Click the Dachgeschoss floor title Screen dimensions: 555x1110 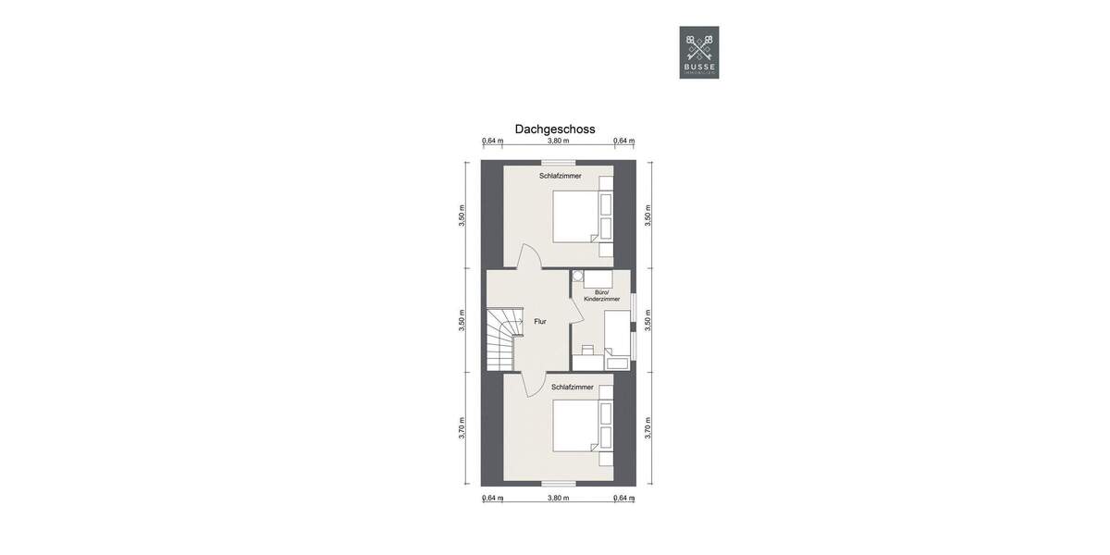point(555,129)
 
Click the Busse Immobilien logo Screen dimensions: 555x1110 point(698,52)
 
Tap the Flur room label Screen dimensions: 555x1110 point(539,322)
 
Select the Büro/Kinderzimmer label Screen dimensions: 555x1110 point(600,296)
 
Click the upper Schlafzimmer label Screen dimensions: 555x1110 point(560,175)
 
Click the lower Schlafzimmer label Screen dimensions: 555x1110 point(572,387)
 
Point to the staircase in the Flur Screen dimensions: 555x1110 point(502,338)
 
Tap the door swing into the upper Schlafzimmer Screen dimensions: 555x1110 point(529,257)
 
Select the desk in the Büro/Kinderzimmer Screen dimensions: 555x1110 point(589,364)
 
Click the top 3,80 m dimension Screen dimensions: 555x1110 point(557,142)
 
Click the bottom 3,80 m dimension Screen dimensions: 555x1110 point(557,498)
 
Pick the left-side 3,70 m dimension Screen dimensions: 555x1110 point(462,427)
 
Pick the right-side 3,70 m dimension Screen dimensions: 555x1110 point(647,427)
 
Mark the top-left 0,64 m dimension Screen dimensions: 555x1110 point(492,142)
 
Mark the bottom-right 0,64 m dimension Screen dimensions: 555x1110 point(624,498)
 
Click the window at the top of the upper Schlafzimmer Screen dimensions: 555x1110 point(559,163)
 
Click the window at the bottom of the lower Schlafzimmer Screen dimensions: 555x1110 point(558,482)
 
